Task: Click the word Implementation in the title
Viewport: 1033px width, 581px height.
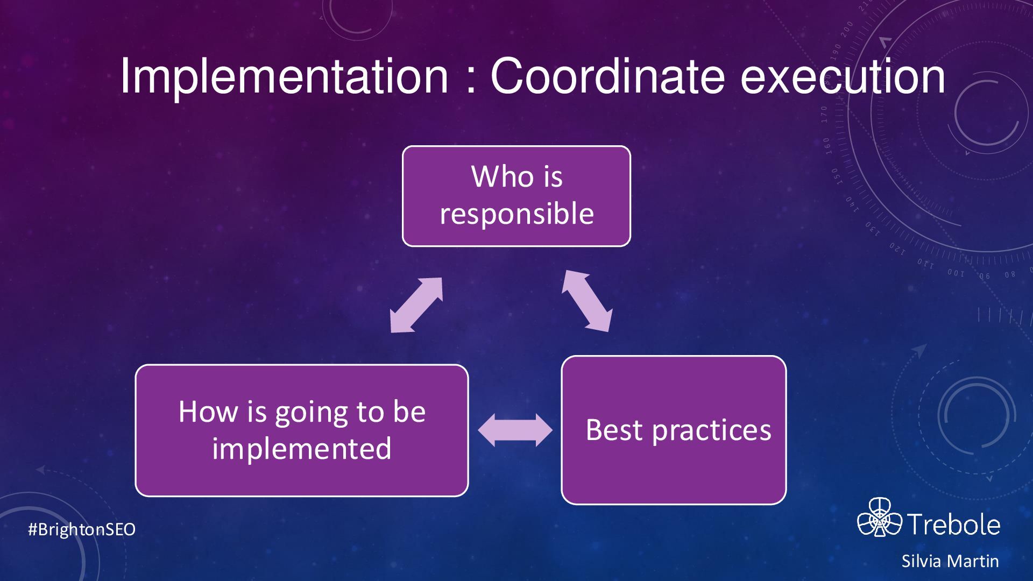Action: [284, 77]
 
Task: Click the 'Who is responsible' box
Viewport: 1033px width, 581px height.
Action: [516, 196]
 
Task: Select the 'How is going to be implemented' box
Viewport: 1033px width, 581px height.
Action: [302, 430]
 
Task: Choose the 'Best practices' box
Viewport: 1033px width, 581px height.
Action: [674, 430]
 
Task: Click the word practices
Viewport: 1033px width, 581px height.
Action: [712, 430]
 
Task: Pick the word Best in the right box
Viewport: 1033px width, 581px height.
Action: [614, 430]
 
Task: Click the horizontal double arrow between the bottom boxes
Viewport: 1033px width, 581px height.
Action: [515, 430]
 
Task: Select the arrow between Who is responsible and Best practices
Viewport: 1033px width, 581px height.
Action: [586, 300]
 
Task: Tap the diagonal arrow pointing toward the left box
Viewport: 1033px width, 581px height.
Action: [416, 305]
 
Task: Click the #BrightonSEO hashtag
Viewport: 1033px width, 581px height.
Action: [82, 529]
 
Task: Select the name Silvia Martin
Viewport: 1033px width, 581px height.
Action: [950, 561]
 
